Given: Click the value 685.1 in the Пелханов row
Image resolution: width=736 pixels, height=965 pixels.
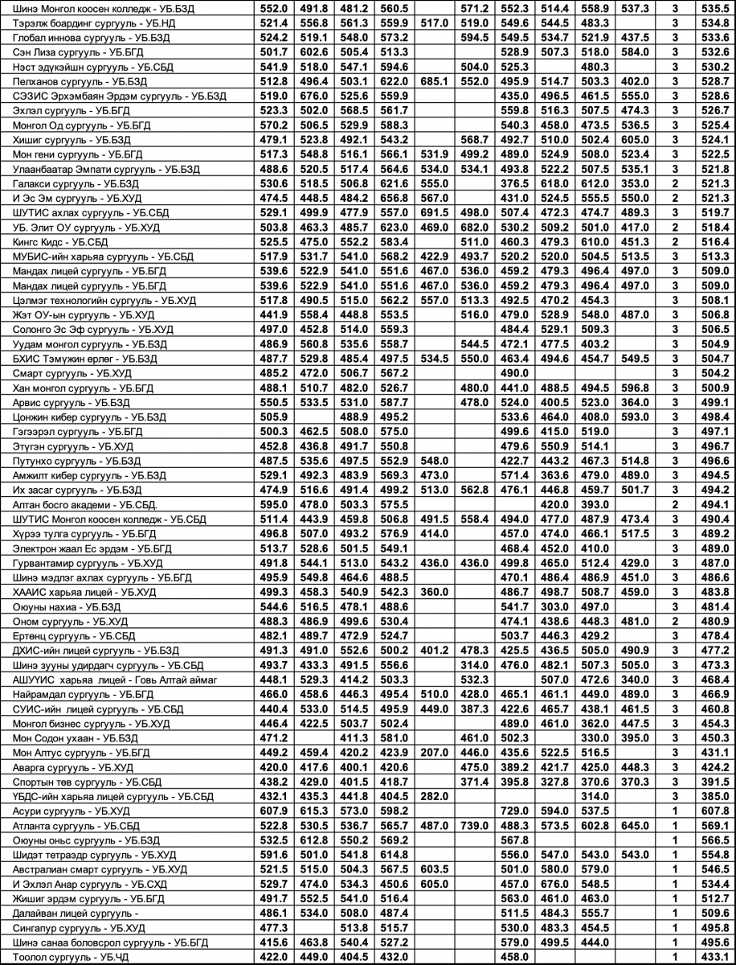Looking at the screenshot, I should (432, 81).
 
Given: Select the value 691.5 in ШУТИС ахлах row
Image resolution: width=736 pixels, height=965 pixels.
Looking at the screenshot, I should (432, 212).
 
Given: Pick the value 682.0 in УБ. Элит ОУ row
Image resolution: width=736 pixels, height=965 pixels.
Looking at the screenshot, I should (475, 227).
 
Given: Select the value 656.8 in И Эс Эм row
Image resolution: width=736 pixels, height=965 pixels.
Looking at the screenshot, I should (395, 198).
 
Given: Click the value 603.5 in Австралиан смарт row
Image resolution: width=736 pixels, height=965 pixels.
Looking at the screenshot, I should (432, 869).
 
